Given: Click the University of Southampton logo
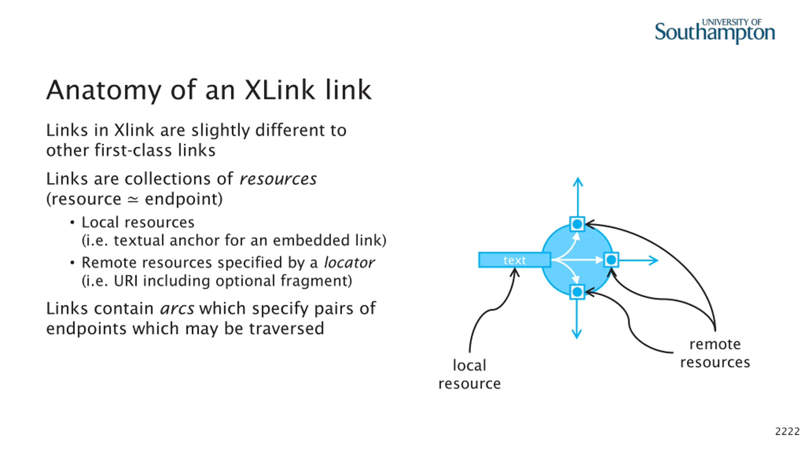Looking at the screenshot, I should (x=714, y=31).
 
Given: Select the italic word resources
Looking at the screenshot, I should (x=278, y=179).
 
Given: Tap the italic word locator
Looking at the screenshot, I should (x=349, y=263).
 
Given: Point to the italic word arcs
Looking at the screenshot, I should (x=177, y=309).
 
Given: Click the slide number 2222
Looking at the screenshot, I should (x=787, y=431).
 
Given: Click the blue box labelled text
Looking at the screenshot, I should (x=514, y=260).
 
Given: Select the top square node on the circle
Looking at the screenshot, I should (x=577, y=224).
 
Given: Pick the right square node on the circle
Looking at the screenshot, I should (x=611, y=260).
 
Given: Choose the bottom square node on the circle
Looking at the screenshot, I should (x=577, y=292).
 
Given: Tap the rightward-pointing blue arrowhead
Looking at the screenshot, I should (x=654, y=260).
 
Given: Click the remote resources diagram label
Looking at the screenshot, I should (x=715, y=353).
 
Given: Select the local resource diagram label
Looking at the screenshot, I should (x=469, y=374).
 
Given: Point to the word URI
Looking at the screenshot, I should (x=126, y=281).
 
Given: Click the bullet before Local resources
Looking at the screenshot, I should (x=72, y=223).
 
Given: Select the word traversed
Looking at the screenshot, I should (x=286, y=329).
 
